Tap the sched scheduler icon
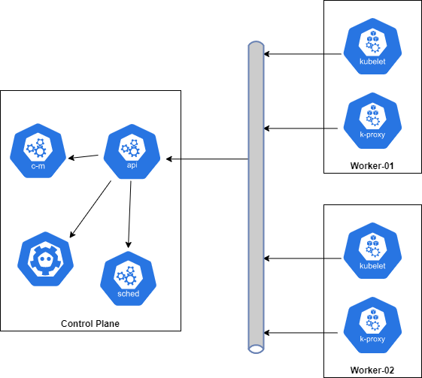(129, 278)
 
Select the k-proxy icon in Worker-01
(372, 121)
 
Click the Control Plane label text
(90, 324)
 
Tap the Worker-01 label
(372, 165)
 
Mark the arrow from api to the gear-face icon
(90, 210)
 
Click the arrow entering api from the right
(174, 159)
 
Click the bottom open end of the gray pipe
(256, 349)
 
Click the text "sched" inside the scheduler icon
(129, 293)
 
